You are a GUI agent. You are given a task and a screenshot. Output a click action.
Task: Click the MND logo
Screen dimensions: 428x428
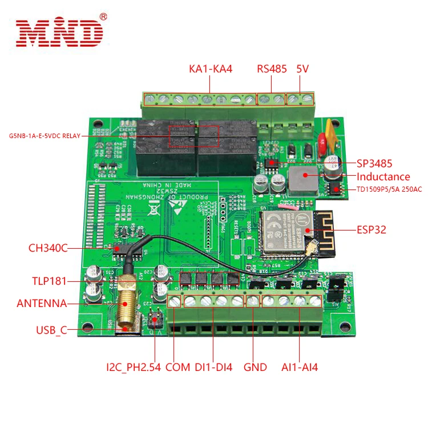point(60,33)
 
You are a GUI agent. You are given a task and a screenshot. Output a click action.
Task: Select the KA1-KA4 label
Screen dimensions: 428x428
point(211,69)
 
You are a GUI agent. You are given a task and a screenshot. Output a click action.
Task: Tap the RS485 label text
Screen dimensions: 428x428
point(271,69)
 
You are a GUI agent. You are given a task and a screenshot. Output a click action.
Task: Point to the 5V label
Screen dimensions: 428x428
point(302,69)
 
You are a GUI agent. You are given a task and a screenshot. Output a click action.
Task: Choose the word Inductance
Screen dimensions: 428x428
point(383,176)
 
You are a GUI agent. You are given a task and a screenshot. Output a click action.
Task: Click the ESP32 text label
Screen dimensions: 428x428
point(372,230)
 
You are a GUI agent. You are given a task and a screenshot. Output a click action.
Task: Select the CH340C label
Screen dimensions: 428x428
point(48,248)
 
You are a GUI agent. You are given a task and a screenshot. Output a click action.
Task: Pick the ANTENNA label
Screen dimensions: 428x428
point(42,303)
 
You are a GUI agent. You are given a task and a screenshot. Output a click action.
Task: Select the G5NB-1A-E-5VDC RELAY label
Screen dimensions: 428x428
point(45,136)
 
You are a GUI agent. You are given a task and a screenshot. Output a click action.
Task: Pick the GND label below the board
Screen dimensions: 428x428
point(255,367)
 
